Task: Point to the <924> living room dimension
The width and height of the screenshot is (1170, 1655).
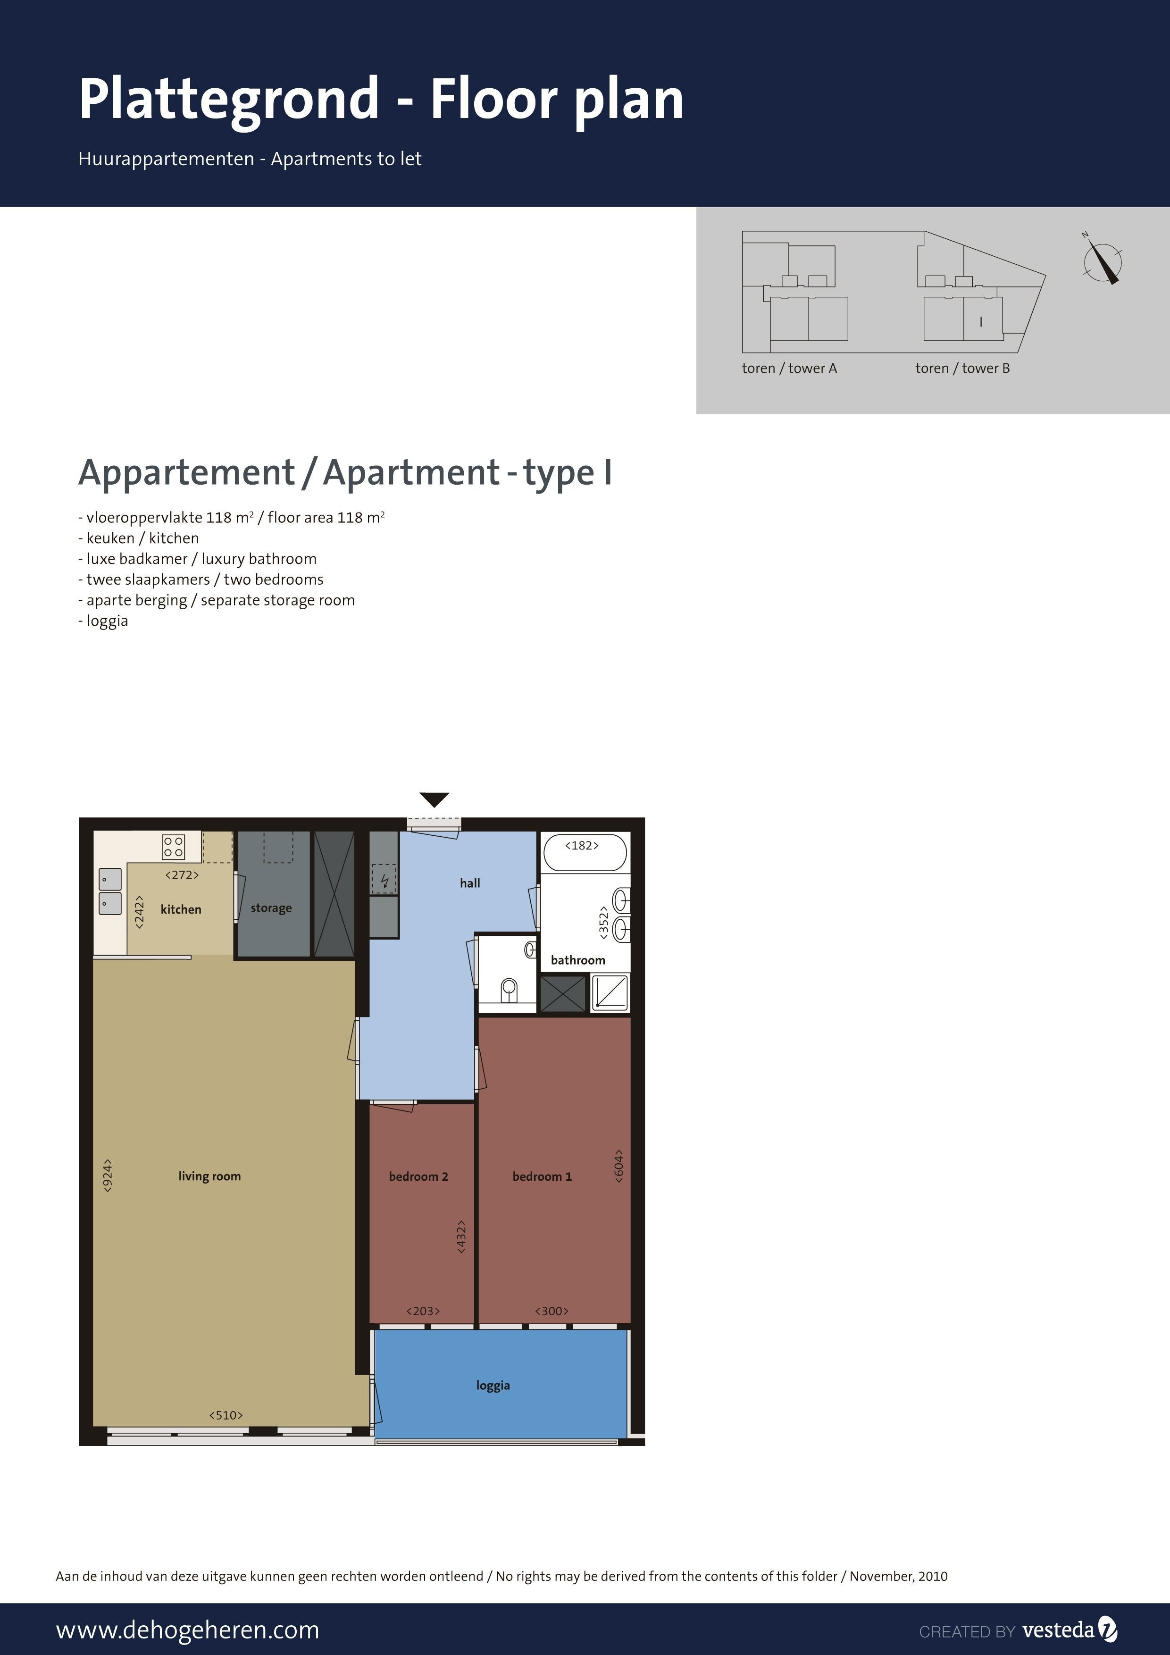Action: pyautogui.click(x=108, y=1176)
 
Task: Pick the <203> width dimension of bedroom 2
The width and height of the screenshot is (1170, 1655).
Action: pyautogui.click(x=423, y=1311)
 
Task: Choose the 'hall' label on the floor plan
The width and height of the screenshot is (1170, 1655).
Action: pyautogui.click(x=470, y=883)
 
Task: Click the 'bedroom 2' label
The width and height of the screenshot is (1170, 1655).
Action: pyautogui.click(x=418, y=1176)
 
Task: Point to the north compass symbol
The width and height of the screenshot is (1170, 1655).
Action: pyautogui.click(x=1102, y=260)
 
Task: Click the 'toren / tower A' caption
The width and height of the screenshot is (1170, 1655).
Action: pyautogui.click(x=790, y=369)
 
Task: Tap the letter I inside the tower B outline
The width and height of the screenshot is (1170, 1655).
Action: pyautogui.click(x=980, y=322)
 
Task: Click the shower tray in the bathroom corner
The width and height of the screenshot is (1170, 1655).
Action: pyautogui.click(x=610, y=992)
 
